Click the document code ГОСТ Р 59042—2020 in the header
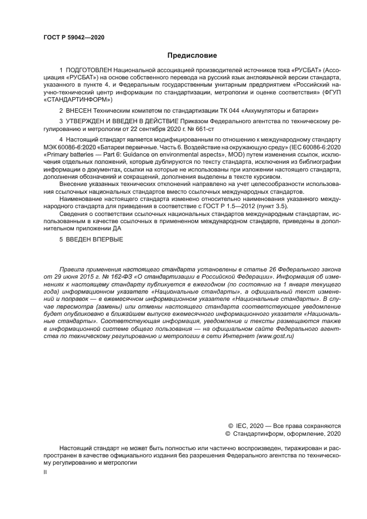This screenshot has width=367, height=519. [73, 37]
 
